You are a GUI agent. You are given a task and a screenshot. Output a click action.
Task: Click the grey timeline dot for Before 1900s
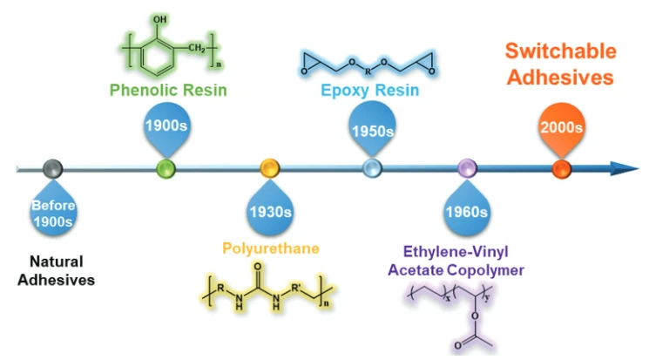tap(53, 168)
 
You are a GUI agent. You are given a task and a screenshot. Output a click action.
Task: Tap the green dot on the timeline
tap(166, 168)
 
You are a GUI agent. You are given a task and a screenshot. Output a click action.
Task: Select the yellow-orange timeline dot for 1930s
tap(269, 168)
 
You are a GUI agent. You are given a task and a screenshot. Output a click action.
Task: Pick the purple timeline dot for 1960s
tap(467, 168)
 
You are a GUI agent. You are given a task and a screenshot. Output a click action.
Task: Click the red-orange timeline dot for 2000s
tap(562, 168)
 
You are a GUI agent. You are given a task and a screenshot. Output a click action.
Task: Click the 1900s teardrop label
tap(166, 126)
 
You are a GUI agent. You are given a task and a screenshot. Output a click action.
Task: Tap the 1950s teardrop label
tap(372, 127)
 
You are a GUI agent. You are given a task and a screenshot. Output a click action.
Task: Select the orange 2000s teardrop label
tap(562, 127)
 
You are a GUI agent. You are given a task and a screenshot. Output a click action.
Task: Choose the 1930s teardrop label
tap(270, 209)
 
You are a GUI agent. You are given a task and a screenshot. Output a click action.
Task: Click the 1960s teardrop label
tap(467, 209)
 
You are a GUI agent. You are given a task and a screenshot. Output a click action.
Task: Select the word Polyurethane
tap(271, 248)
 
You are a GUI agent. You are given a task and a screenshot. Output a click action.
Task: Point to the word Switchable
tap(561, 51)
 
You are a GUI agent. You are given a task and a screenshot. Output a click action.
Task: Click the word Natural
tap(57, 262)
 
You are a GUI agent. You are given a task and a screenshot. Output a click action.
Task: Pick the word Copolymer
tap(485, 270)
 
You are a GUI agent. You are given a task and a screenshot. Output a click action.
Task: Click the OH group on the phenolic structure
tap(159, 19)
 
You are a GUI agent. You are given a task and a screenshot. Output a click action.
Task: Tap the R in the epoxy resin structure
tap(368, 71)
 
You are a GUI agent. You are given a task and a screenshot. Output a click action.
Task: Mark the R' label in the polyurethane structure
tap(296, 287)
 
